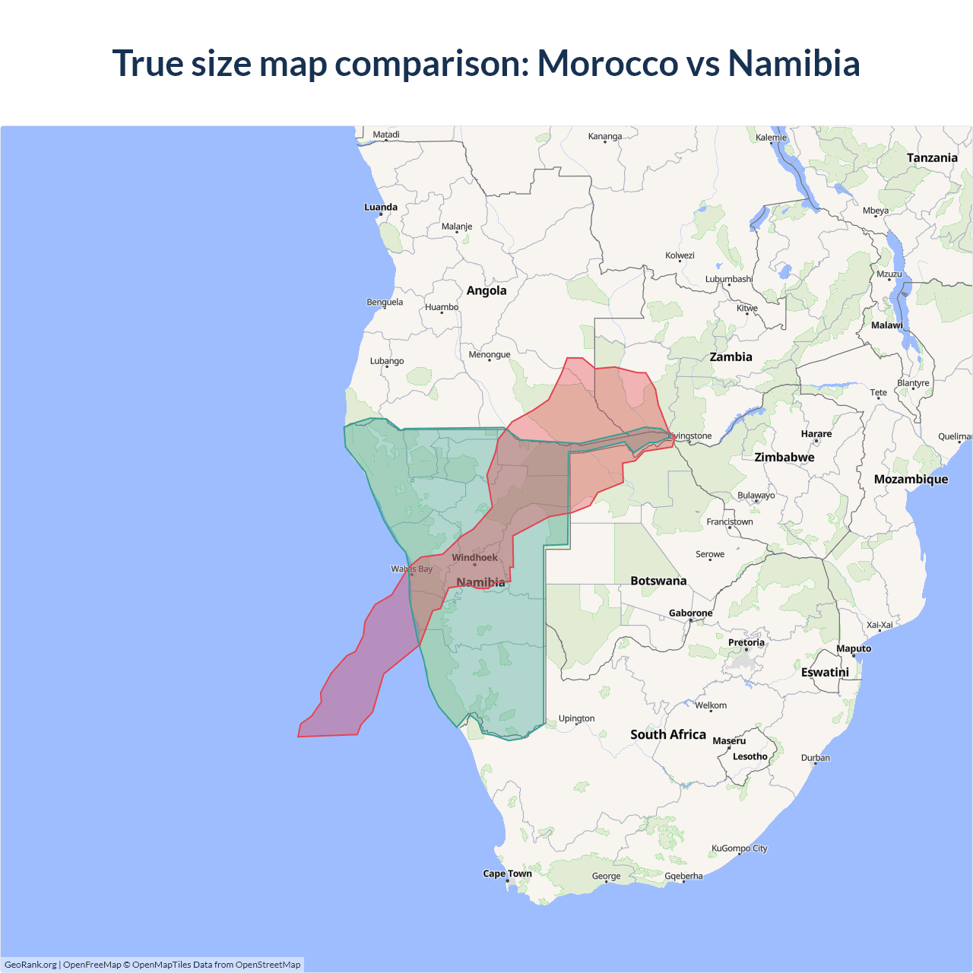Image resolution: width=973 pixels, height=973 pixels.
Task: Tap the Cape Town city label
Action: (507, 873)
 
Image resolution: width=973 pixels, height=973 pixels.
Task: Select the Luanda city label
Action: (380, 207)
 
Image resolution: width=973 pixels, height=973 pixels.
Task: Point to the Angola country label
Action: (486, 290)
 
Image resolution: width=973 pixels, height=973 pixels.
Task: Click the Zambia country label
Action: (731, 357)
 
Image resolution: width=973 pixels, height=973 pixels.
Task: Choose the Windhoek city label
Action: (474, 557)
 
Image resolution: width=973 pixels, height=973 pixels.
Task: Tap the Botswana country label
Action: (658, 581)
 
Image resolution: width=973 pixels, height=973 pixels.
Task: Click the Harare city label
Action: (816, 433)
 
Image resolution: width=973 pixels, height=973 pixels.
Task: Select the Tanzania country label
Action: (932, 157)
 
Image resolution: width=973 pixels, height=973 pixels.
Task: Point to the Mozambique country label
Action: (911, 479)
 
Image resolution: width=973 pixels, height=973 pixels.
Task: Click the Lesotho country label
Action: (750, 756)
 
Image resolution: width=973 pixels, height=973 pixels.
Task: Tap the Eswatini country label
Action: (825, 672)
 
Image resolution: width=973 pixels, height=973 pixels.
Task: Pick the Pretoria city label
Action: (746, 642)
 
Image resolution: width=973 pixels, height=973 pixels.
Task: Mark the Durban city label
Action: (815, 758)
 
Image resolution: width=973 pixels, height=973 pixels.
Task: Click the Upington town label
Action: (576, 718)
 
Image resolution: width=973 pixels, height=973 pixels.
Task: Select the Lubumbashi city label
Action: (728, 279)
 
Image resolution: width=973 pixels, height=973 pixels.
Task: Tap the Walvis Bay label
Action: (411, 569)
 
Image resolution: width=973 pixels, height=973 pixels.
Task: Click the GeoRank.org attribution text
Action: (30, 965)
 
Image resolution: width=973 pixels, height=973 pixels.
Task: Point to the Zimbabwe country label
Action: (784, 457)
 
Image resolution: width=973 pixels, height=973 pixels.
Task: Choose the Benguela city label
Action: (385, 302)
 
